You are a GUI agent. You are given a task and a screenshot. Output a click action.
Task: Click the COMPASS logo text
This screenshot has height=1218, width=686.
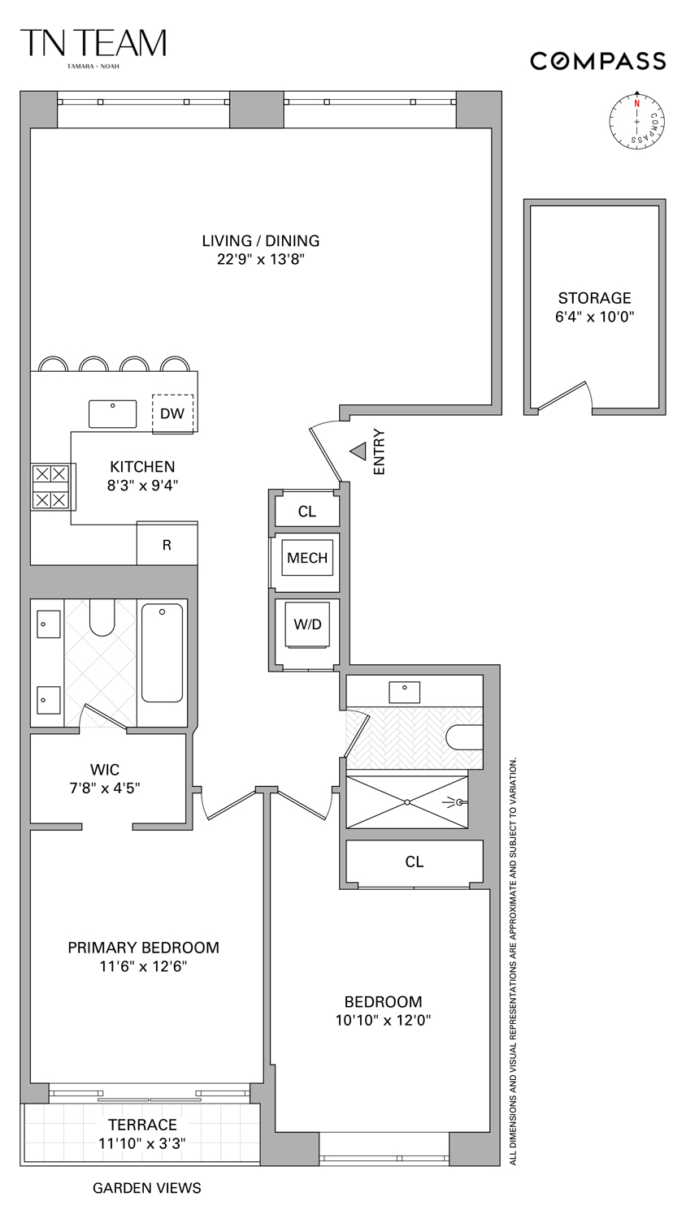tap(597, 61)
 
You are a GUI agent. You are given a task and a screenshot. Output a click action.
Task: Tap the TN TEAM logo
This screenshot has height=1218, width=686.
tap(93, 45)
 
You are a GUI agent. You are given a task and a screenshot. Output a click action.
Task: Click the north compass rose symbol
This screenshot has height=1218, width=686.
tap(637, 121)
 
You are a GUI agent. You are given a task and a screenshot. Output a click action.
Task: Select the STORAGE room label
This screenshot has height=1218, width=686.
tap(594, 298)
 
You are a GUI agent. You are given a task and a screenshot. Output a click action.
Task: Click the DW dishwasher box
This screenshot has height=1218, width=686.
tap(172, 413)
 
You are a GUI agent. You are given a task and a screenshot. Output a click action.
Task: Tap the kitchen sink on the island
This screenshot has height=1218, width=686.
tap(113, 413)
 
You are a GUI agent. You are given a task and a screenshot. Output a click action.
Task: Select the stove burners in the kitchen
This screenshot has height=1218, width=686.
tap(50, 486)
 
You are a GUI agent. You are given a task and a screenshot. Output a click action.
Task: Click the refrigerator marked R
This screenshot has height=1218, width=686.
tap(167, 545)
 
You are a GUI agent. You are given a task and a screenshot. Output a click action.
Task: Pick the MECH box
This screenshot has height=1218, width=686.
tap(307, 558)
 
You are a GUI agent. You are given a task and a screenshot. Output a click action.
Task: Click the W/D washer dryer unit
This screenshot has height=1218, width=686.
tap(307, 624)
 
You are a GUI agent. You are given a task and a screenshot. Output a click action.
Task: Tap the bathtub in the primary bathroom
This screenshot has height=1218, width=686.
tap(162, 653)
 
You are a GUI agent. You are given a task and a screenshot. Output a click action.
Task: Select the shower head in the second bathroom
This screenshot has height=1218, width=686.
tap(457, 802)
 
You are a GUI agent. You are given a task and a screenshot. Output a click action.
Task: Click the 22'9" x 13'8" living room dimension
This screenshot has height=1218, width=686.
tap(260, 260)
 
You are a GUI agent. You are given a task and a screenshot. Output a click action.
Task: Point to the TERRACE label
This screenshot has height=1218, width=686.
tap(142, 1125)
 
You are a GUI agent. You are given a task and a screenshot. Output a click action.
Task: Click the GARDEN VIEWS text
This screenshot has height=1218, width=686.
tap(146, 1188)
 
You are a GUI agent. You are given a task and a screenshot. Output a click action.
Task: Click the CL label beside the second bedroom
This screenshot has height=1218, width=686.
tap(414, 862)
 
